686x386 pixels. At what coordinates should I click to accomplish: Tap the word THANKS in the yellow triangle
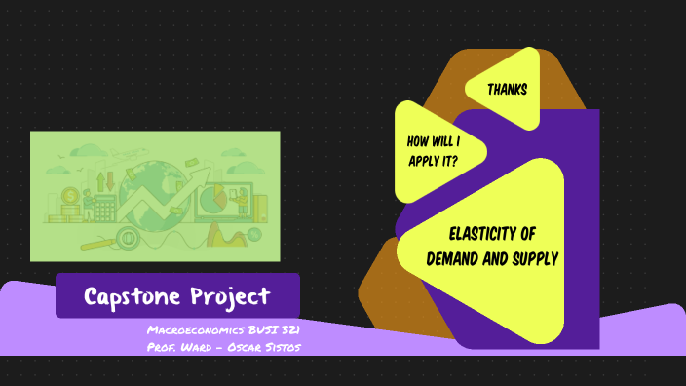[508, 90]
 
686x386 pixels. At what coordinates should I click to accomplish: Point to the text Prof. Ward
[175, 348]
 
